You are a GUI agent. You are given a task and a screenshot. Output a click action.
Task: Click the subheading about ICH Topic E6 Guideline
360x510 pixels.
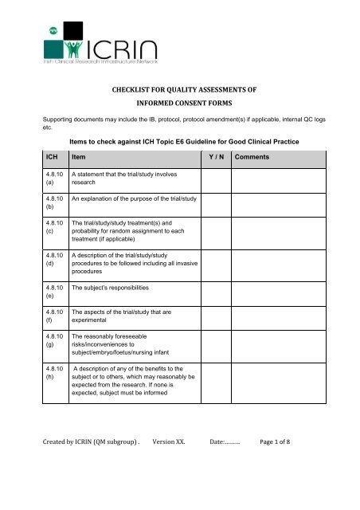point(185,142)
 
